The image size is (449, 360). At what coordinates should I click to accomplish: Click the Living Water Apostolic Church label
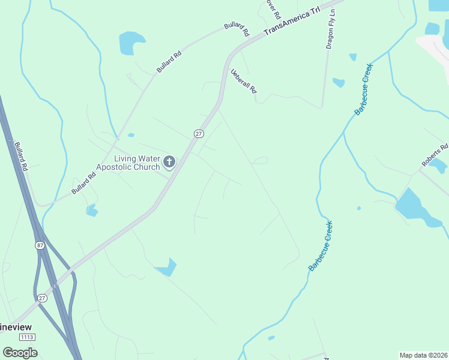pyautogui.click(x=128, y=163)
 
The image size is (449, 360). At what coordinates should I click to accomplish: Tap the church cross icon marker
pyautogui.click(x=170, y=161)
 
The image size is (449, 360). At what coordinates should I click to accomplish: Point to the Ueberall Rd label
pyautogui.click(x=244, y=81)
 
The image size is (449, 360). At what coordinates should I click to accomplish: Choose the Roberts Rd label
pyautogui.click(x=435, y=155)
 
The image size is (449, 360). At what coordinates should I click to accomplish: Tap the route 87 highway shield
pyautogui.click(x=40, y=245)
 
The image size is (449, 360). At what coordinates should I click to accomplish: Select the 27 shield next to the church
pyautogui.click(x=198, y=134)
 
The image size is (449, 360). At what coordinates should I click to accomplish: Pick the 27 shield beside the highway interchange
pyautogui.click(x=42, y=298)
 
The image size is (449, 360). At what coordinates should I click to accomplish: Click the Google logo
pyautogui.click(x=20, y=352)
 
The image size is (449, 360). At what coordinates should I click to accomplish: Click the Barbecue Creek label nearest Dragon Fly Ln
pyautogui.click(x=364, y=89)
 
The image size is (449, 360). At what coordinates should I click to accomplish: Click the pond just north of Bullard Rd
pyautogui.click(x=131, y=43)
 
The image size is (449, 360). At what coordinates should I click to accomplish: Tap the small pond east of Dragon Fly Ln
pyautogui.click(x=339, y=82)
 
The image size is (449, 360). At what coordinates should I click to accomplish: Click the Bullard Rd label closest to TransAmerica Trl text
pyautogui.click(x=237, y=29)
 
